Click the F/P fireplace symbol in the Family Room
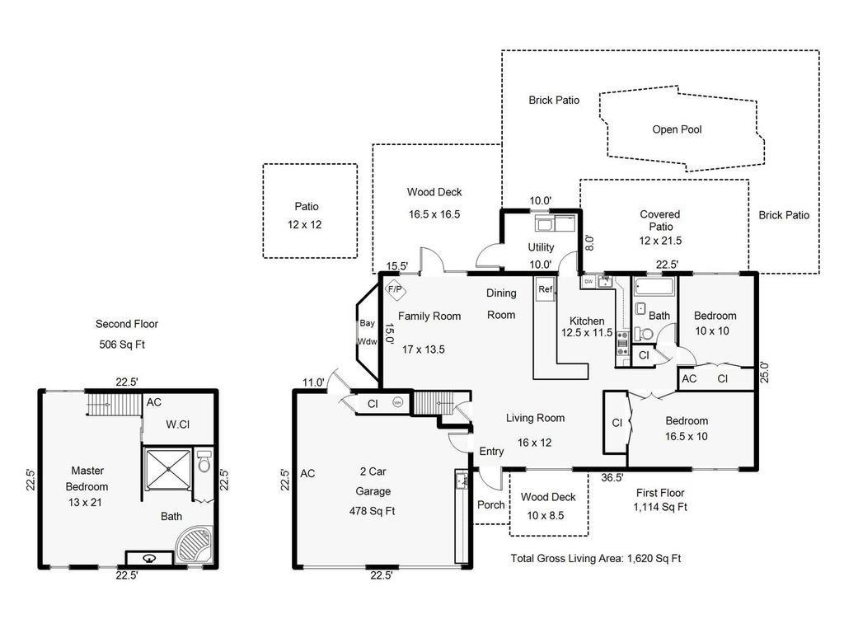click(x=396, y=289)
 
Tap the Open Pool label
click(x=677, y=129)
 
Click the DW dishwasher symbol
click(x=588, y=282)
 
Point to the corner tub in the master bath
click(x=195, y=546)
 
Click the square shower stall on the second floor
click(x=168, y=469)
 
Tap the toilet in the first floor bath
click(x=643, y=335)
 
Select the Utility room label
click(x=541, y=247)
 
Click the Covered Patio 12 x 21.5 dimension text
click(x=660, y=241)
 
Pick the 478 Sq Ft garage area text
click(x=372, y=511)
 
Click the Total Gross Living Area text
click(x=595, y=558)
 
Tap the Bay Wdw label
click(x=367, y=332)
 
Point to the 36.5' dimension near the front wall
click(x=612, y=477)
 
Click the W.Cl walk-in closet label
click(x=178, y=424)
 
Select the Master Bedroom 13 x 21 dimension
click(x=85, y=502)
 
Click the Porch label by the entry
click(x=491, y=505)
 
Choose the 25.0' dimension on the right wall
click(x=764, y=372)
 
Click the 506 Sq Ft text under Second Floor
click(x=122, y=345)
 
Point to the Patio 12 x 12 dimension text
click(x=305, y=224)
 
